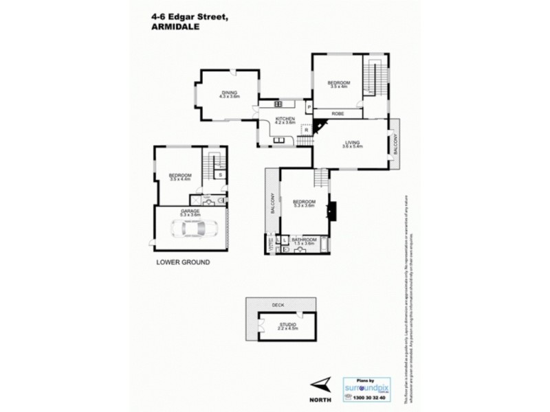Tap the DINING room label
(x=229, y=93)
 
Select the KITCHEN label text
(x=285, y=119)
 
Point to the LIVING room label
(x=352, y=142)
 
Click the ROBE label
(x=338, y=113)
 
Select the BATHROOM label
(x=304, y=239)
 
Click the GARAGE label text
(x=190, y=211)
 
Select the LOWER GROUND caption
(x=183, y=262)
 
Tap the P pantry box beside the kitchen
(x=309, y=108)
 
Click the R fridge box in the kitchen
(x=306, y=129)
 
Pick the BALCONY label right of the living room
(x=395, y=145)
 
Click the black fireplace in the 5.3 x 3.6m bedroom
(x=331, y=209)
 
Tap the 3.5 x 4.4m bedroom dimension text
(x=180, y=180)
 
